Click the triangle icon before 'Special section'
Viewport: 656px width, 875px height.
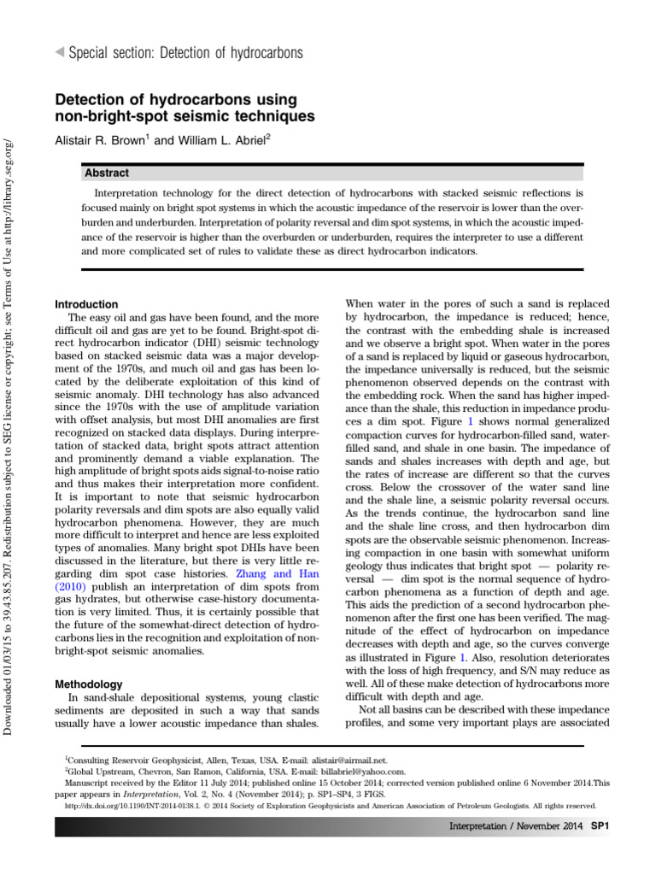tap(58, 53)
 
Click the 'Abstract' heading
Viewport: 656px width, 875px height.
tap(107, 173)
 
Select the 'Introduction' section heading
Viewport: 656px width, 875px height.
tap(86, 304)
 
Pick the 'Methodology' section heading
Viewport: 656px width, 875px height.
tap(87, 685)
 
